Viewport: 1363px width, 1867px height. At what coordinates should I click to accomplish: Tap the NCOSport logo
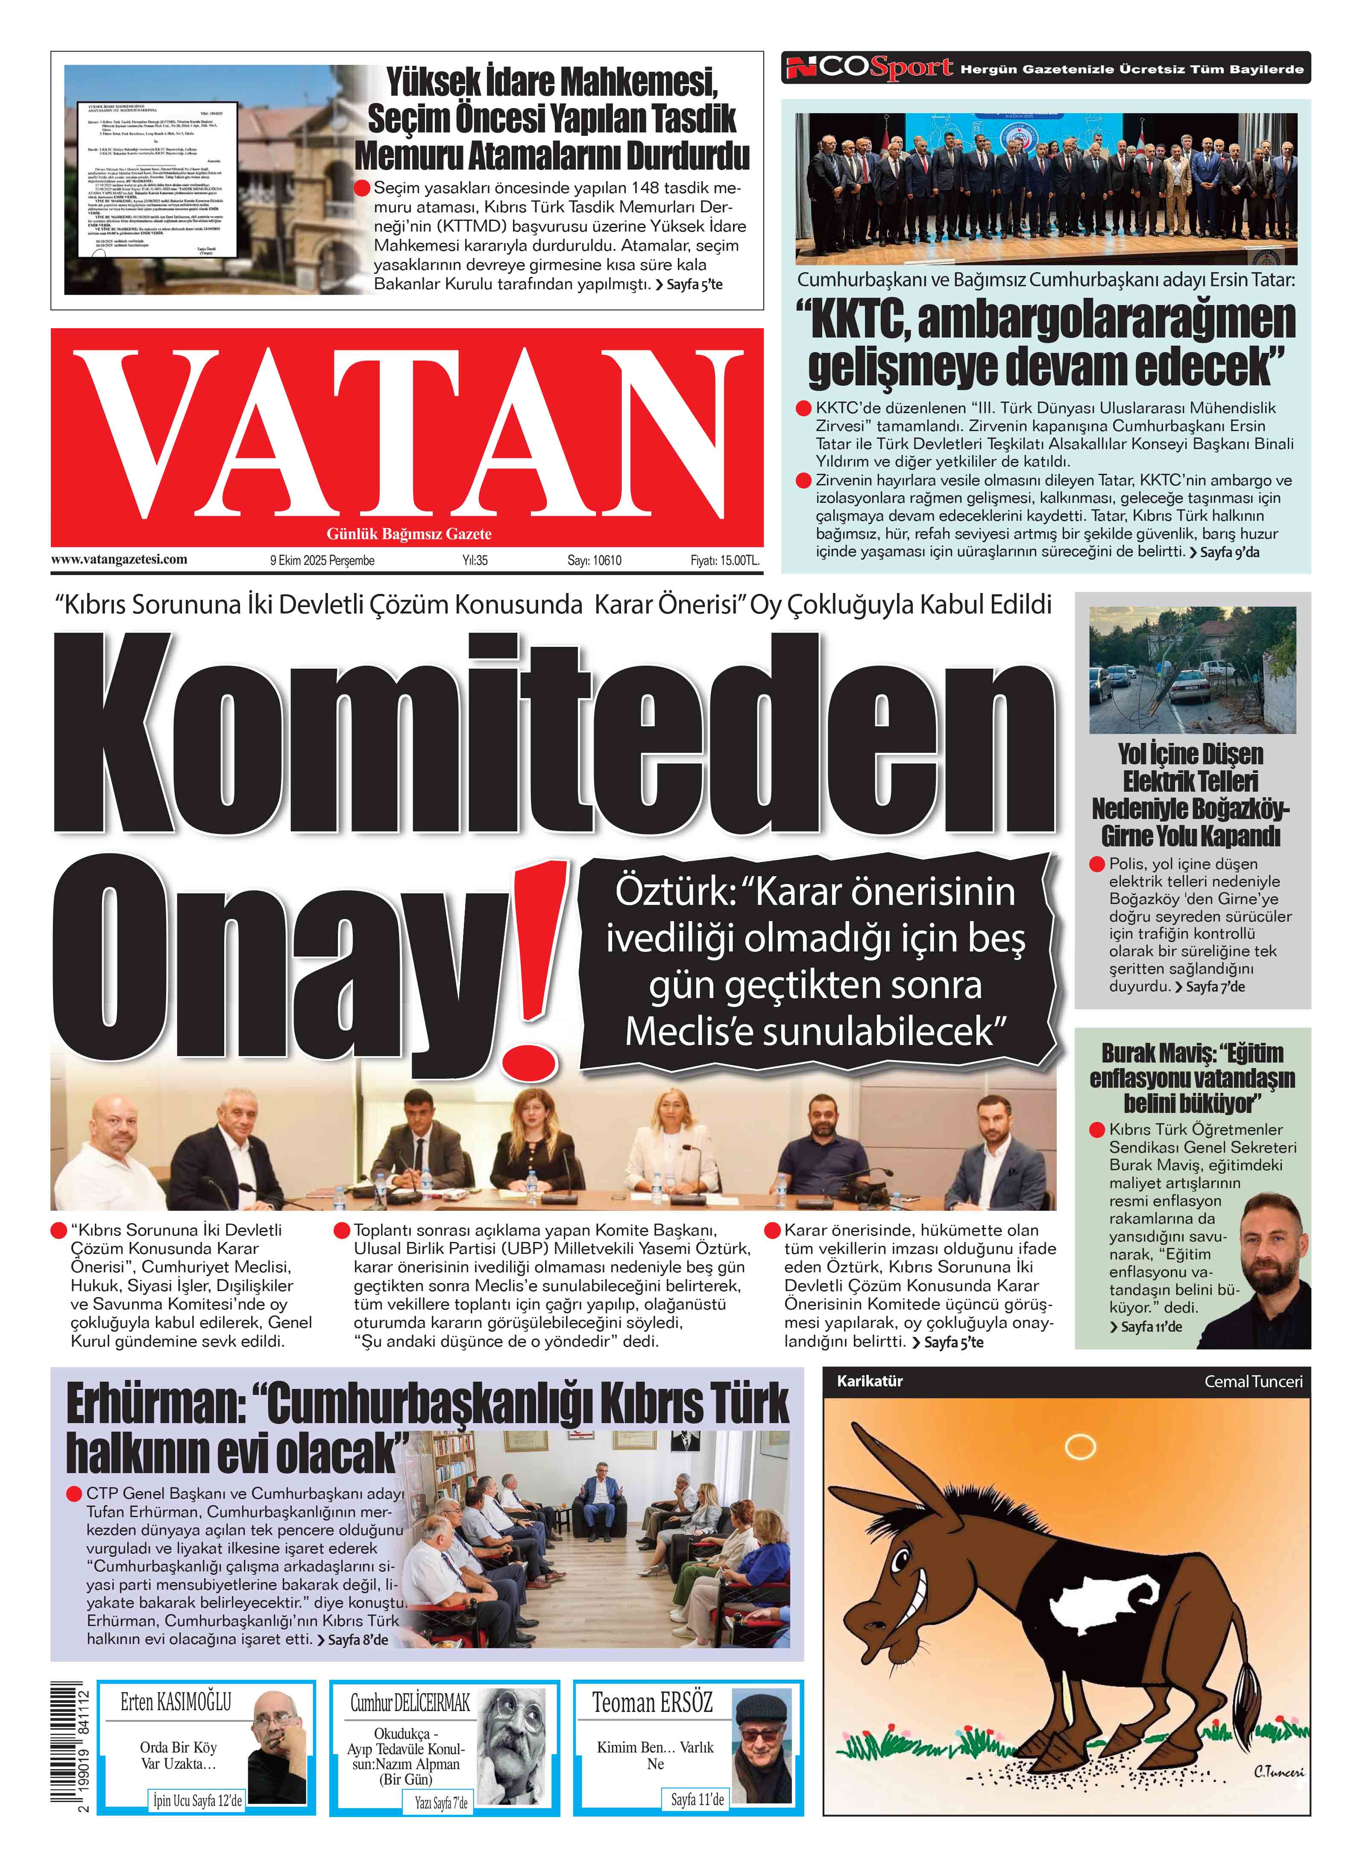pos(869,68)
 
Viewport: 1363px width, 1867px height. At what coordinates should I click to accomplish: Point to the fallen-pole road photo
pos(1192,670)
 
